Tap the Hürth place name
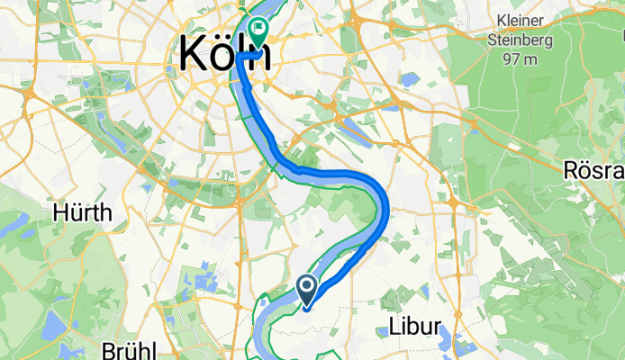coord(83,213)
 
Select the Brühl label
coord(129,349)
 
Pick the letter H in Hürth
coord(61,213)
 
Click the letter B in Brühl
coord(108,349)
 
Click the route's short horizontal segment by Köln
coord(249,56)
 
